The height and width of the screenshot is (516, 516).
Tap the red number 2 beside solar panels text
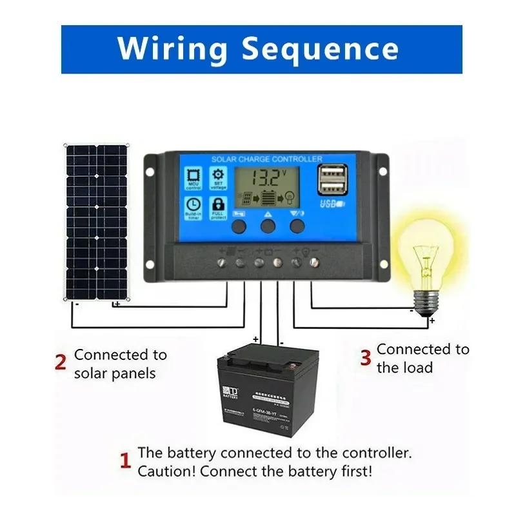(61, 363)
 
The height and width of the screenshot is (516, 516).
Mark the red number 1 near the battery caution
(126, 461)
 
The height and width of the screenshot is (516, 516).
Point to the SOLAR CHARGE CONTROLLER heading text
(266, 159)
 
